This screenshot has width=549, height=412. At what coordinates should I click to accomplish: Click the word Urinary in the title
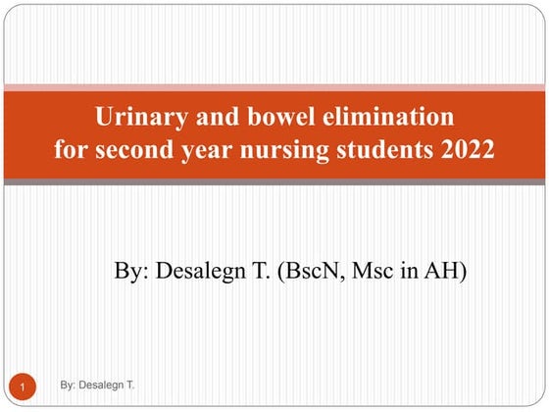[141, 117]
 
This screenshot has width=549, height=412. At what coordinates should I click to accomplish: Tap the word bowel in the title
[281, 116]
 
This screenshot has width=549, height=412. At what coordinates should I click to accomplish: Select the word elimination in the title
[388, 116]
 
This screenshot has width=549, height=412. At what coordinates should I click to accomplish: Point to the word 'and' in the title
[218, 116]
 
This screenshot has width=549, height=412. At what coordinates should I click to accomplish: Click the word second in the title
[134, 149]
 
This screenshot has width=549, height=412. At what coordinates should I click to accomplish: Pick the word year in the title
[207, 151]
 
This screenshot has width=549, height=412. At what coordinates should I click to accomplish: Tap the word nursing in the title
[284, 151]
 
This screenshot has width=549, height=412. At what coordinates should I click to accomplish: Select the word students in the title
[384, 149]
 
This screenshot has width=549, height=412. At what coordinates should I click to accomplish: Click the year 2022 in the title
[467, 149]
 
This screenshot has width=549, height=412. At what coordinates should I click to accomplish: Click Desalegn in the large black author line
[201, 272]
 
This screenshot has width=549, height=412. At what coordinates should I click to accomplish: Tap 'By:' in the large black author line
[131, 272]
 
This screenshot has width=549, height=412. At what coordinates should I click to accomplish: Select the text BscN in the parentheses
[312, 271]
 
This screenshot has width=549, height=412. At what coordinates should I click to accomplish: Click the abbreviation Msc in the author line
[373, 271]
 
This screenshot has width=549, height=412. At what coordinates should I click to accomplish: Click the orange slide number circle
[23, 386]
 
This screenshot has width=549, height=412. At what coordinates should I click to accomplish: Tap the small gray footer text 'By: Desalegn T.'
[97, 385]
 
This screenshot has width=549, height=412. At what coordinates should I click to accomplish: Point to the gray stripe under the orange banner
[274, 181]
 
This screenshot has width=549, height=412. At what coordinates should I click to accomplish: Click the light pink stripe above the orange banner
[274, 87]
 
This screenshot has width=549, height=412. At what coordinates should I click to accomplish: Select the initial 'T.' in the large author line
[261, 271]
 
